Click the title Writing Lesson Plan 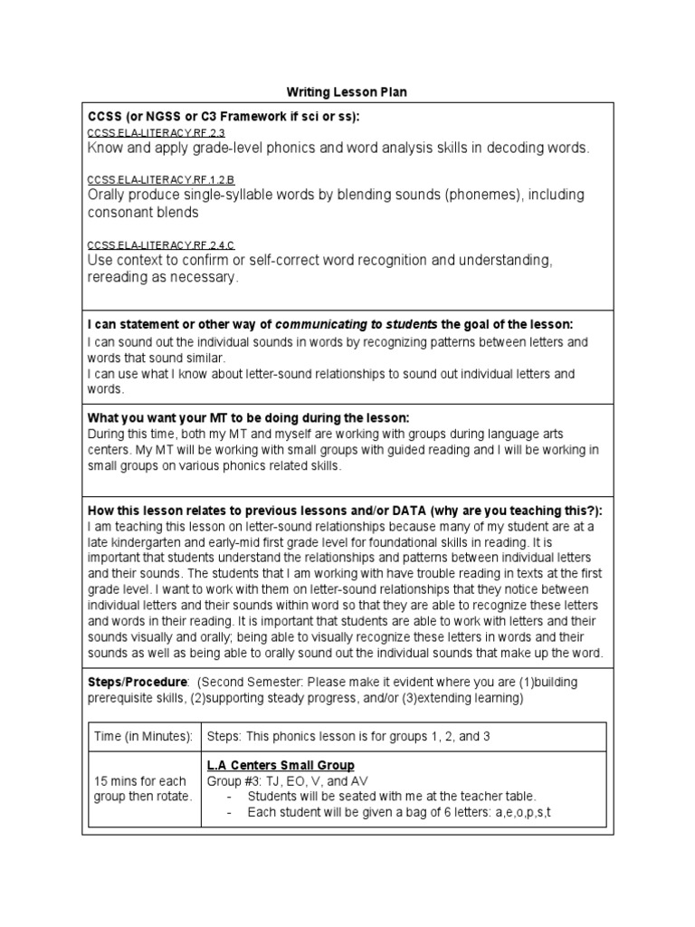coord(347,91)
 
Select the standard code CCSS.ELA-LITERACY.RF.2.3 coord(143,133)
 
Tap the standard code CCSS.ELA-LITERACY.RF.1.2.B coord(148,180)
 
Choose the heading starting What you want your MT coord(248,417)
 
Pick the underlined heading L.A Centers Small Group coord(281,766)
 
